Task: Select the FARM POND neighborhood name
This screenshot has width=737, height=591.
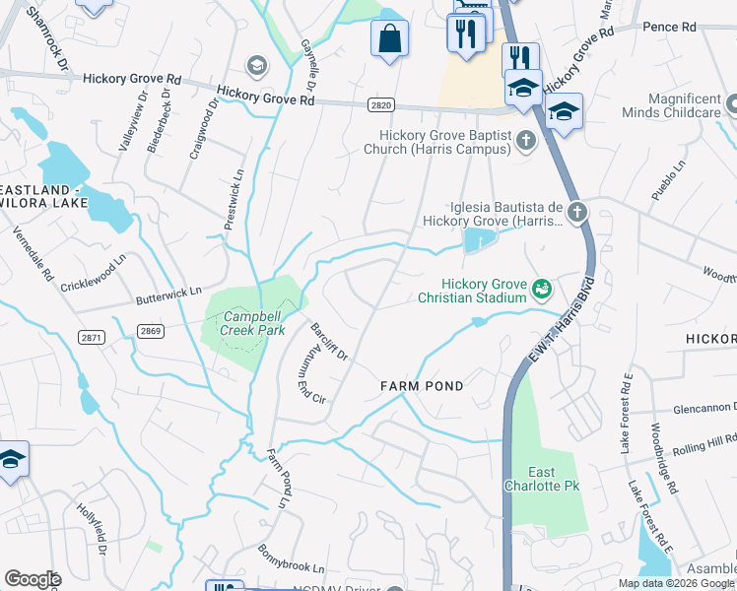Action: point(422,386)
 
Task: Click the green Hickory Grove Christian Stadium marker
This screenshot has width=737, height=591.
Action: point(540,289)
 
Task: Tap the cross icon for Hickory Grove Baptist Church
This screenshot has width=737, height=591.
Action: point(526,141)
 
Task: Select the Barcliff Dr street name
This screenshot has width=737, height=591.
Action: point(329,342)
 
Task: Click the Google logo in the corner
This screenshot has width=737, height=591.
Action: point(33,579)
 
